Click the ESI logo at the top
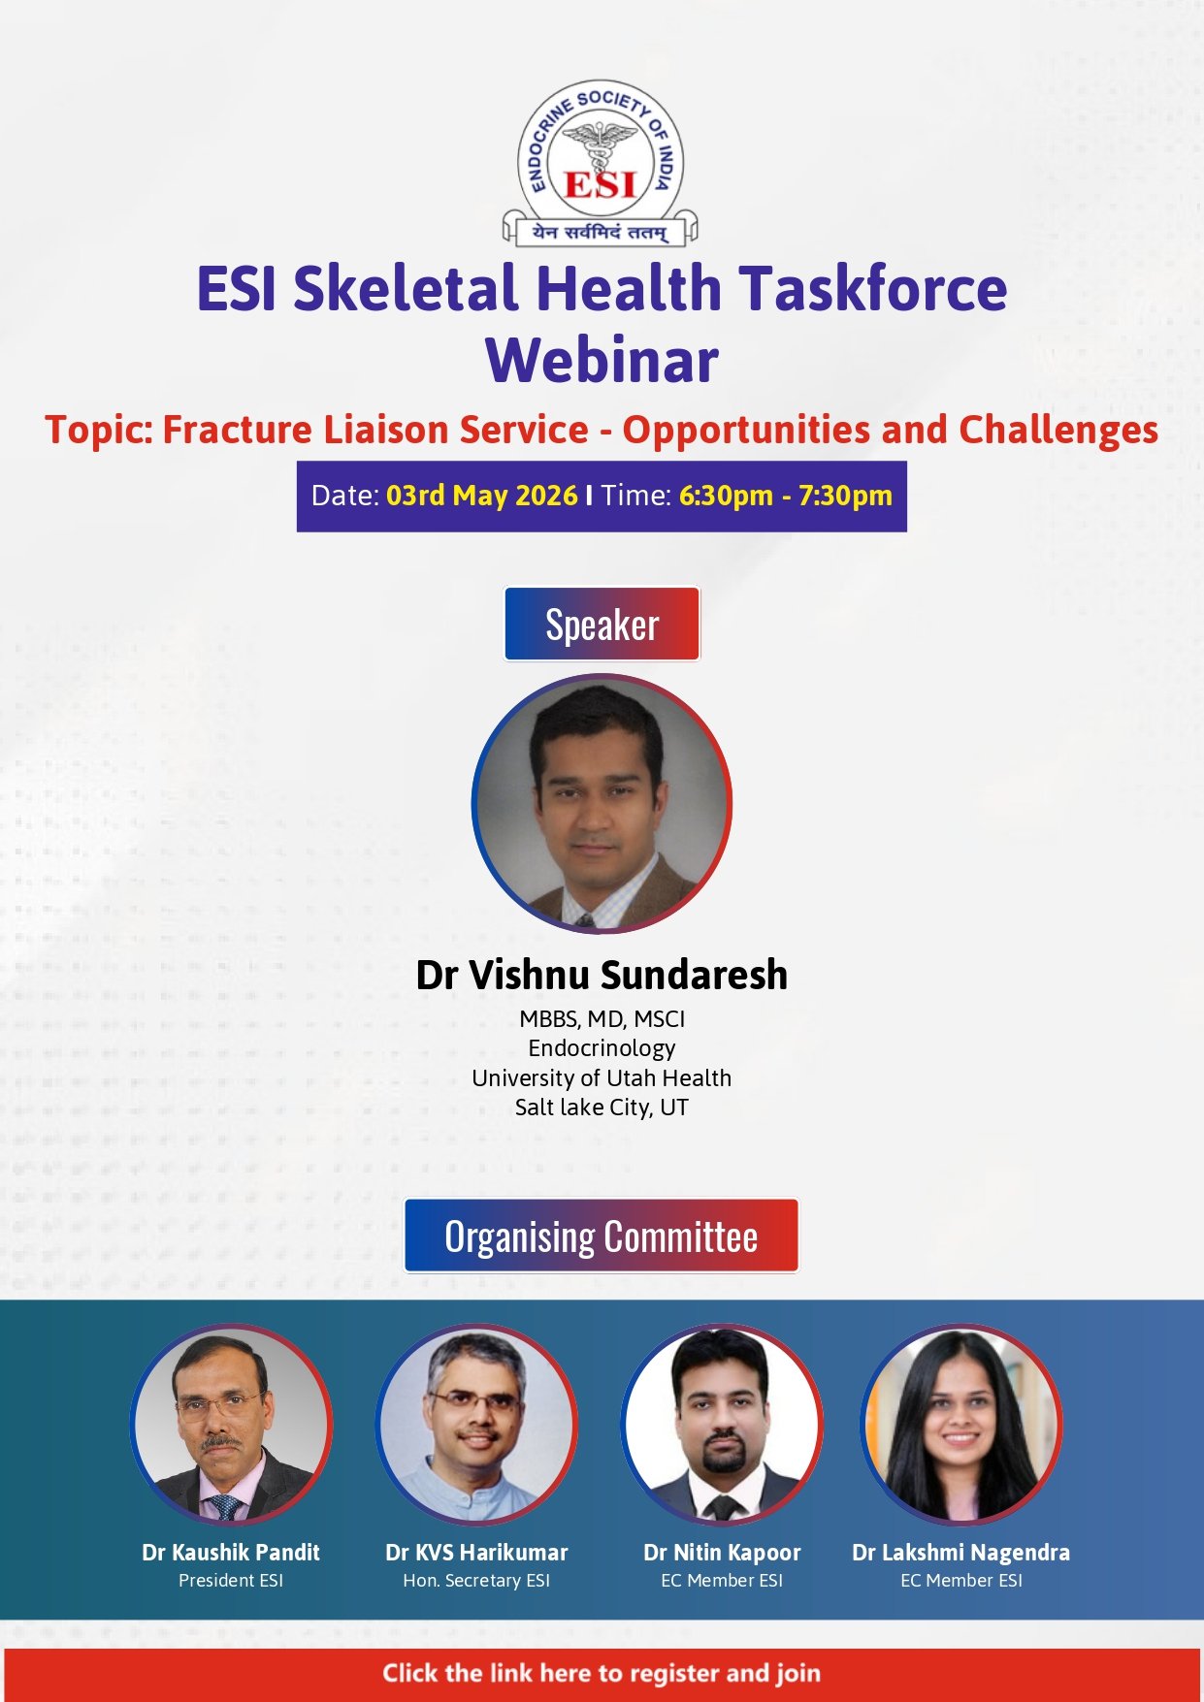click(601, 162)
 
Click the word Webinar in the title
click(602, 361)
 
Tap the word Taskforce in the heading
click(873, 288)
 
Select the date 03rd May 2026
click(482, 496)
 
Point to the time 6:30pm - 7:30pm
click(785, 496)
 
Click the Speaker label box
click(602, 625)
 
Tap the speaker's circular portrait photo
click(602, 804)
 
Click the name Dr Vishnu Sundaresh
click(602, 975)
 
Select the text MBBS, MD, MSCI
click(602, 1019)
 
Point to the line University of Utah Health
click(602, 1078)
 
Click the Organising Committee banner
click(602, 1236)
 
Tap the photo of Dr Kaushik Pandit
click(231, 1425)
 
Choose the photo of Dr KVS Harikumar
click(476, 1425)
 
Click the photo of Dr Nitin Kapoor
click(722, 1425)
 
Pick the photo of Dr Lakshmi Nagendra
click(961, 1425)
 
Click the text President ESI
click(231, 1581)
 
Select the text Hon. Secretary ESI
click(476, 1581)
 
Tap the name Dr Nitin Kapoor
click(722, 1553)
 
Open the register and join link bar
click(602, 1674)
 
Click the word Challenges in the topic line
click(1058, 431)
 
